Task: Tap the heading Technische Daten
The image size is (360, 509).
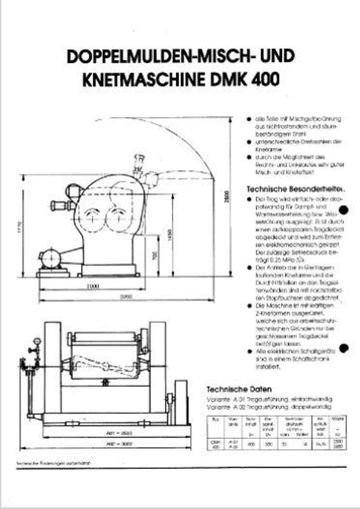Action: pos(239,389)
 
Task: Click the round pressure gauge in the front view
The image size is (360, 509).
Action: pos(37,342)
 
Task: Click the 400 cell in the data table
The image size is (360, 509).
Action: pos(250,444)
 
